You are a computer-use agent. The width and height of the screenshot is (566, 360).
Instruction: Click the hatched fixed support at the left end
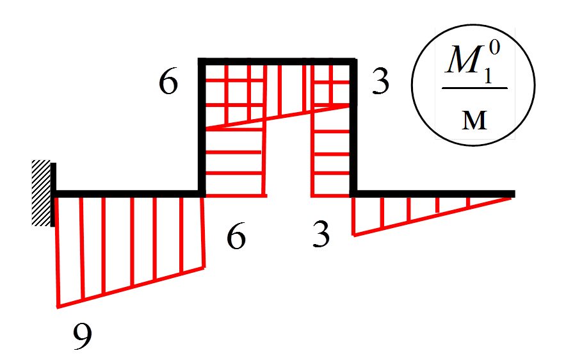point(42,192)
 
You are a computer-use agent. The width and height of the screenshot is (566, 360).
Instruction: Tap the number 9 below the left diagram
point(82,336)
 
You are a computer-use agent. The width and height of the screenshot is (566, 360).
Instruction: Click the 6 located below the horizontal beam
point(236,238)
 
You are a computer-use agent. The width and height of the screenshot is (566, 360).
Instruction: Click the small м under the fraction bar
point(474,120)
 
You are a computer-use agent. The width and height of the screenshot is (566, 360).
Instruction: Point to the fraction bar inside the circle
point(474,88)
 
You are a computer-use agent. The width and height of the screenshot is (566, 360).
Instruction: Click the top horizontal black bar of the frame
point(277,61)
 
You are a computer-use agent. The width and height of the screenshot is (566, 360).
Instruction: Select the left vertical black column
point(202,128)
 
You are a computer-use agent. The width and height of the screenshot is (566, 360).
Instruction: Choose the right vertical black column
point(353,128)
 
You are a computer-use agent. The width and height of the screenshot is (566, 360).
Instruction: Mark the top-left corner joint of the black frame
point(202,62)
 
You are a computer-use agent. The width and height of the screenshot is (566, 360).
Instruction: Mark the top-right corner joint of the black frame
point(353,62)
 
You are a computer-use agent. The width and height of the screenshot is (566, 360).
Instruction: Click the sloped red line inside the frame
point(277,117)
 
